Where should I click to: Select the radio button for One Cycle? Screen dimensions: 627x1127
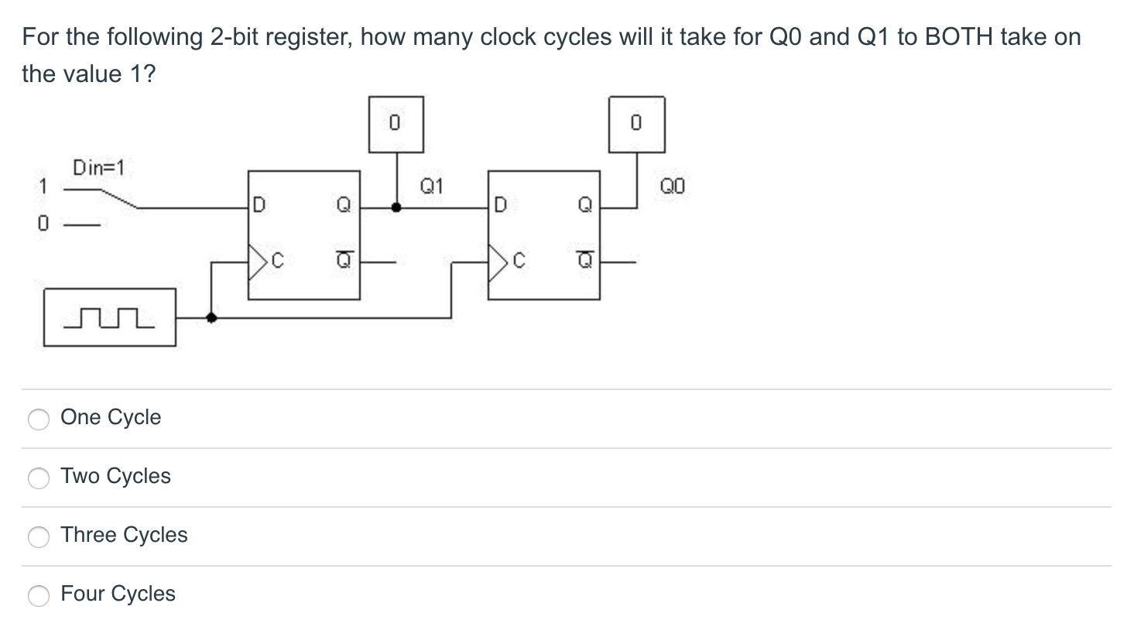39,419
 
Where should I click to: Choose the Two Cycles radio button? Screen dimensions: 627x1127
39,478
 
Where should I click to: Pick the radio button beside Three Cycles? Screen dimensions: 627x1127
39,536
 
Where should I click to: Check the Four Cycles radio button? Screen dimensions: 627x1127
39,595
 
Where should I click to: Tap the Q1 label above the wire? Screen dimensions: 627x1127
431,186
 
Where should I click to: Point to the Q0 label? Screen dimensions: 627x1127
672,186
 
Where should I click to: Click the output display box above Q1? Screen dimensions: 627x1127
396,124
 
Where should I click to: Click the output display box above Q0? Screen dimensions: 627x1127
636,124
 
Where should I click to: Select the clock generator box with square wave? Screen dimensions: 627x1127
109,317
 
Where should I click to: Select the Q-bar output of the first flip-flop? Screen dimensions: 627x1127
341,262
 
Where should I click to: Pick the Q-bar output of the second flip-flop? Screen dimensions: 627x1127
585,262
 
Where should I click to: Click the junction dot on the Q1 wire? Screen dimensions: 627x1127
396,207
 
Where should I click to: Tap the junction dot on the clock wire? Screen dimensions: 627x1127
211,317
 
